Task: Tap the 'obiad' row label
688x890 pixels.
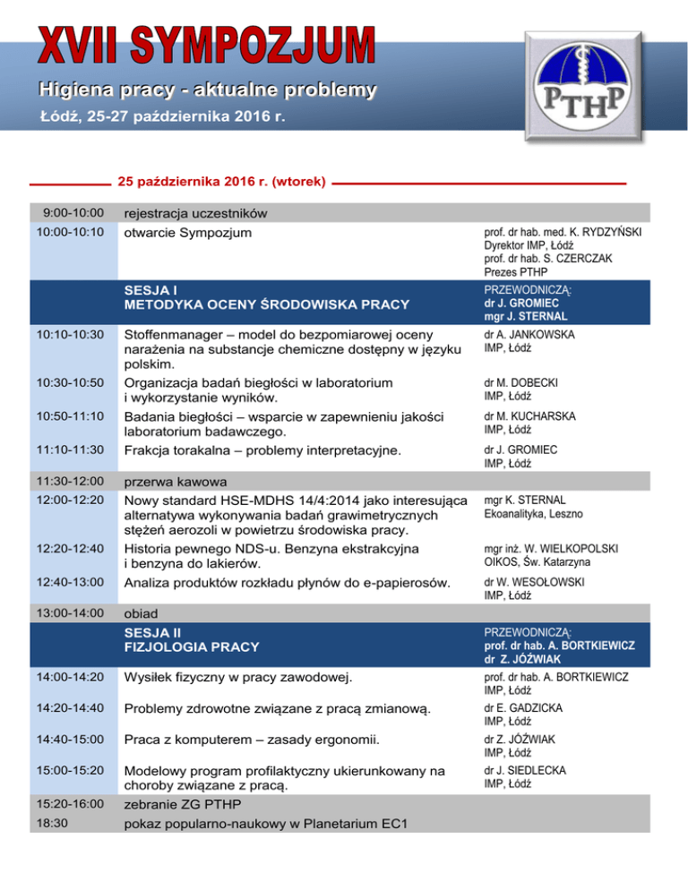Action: coord(142,616)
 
